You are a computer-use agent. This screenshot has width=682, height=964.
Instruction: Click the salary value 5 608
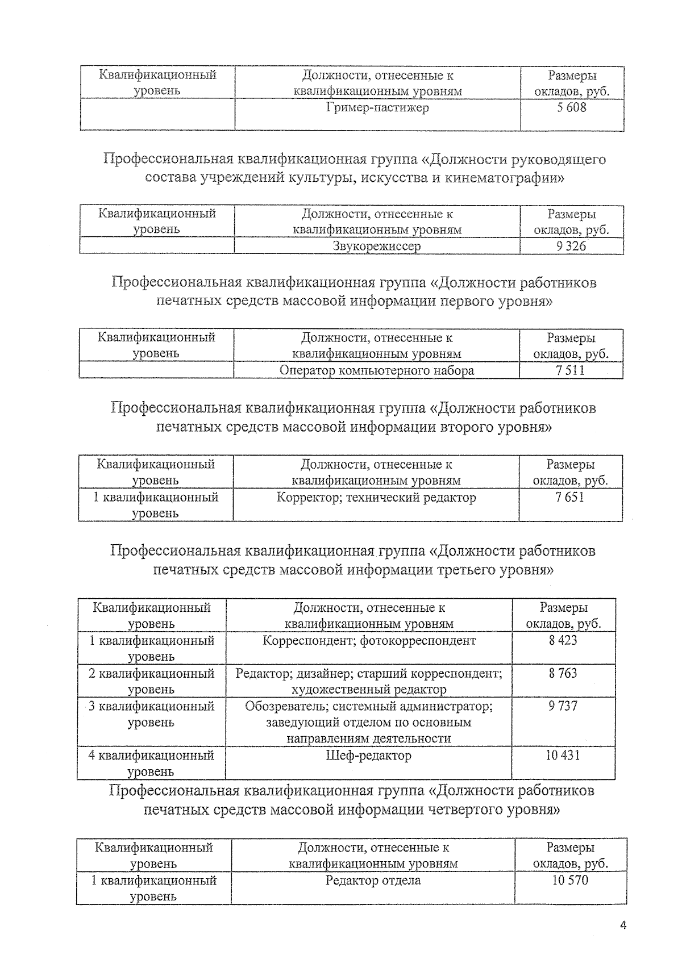click(571, 107)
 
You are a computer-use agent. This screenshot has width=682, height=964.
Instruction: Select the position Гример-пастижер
click(377, 107)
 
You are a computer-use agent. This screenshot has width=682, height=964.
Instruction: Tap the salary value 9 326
click(571, 246)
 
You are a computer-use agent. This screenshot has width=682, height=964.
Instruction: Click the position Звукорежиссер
click(377, 246)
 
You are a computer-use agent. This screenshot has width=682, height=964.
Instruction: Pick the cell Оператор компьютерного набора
click(376, 371)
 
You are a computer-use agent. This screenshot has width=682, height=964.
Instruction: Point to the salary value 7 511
click(571, 371)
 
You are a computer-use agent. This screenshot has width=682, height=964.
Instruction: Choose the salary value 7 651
click(570, 498)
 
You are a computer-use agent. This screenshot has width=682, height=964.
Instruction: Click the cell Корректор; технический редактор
click(376, 498)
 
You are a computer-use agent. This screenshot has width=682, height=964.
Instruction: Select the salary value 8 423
click(563, 641)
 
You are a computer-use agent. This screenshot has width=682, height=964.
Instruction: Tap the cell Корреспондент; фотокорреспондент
click(369, 641)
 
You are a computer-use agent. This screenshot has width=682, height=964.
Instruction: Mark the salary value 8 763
click(563, 674)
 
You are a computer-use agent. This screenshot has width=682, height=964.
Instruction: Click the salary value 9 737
click(563, 706)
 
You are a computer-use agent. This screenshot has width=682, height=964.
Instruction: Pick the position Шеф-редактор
click(369, 756)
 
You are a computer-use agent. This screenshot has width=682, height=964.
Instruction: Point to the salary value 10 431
click(563, 756)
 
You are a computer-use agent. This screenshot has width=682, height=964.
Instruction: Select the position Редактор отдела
click(373, 880)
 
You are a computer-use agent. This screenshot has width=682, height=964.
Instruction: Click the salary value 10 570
click(570, 880)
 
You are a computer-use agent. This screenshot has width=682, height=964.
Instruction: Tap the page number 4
click(623, 925)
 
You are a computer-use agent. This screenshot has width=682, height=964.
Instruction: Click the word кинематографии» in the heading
click(504, 178)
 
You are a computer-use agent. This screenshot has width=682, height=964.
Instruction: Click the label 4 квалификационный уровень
click(151, 763)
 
